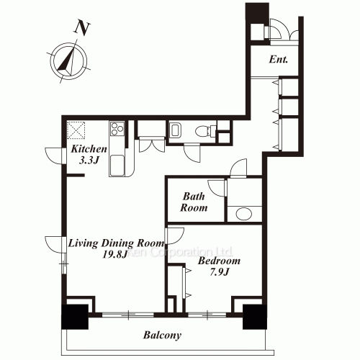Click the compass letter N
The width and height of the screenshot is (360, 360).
[x=81, y=28]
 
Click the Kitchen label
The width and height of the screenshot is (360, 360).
[x=89, y=149]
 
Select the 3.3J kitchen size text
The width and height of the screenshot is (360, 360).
[x=89, y=160]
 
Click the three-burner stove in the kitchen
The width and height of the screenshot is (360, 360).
[x=117, y=128]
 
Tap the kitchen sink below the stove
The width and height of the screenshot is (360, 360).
[x=117, y=166]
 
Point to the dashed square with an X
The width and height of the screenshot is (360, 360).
[x=76, y=130]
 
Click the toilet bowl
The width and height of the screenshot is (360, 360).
[x=203, y=132]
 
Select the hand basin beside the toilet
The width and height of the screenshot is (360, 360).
[x=175, y=131]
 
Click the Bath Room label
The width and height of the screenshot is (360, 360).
[x=194, y=202]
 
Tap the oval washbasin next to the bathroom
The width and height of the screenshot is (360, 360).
[x=244, y=213]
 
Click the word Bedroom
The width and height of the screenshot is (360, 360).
[x=219, y=261]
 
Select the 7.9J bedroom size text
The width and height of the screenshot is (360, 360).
[x=220, y=272]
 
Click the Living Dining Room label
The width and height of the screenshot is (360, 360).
[x=117, y=243]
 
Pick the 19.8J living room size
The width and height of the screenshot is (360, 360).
[x=114, y=254]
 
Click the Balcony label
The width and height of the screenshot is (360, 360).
[x=162, y=336]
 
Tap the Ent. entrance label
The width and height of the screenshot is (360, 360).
[x=278, y=59]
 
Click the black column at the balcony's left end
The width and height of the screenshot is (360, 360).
[x=75, y=317]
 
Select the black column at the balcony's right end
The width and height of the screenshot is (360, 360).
[x=255, y=317]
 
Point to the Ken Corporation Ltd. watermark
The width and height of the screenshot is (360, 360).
[x=179, y=252]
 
